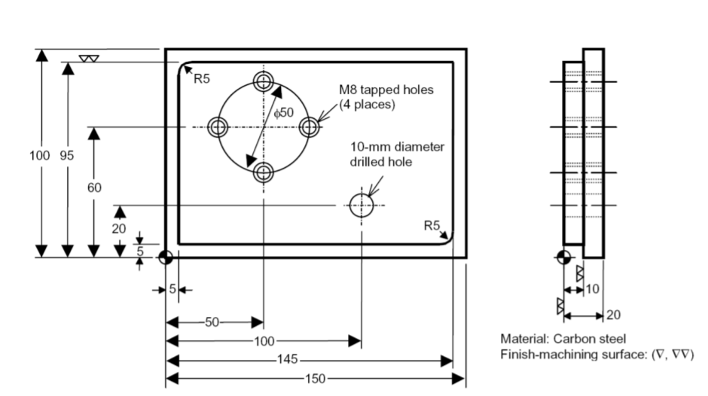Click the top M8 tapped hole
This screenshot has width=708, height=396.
pos(263,81)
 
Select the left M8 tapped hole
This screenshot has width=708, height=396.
pos(218,126)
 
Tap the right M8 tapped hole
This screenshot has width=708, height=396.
pos(309,126)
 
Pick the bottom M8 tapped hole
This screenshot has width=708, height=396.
pos(263,172)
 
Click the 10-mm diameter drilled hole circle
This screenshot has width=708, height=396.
pos(362,205)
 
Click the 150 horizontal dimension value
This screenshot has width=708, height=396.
pos(316,378)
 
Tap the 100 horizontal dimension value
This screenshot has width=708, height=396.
pos(264,342)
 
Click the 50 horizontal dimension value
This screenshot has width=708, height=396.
pos(213,322)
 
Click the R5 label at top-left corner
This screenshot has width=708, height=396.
pos(203,79)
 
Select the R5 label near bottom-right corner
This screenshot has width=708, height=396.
pos(432,224)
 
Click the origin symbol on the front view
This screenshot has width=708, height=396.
pos(166,257)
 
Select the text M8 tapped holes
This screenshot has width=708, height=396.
pos(386,90)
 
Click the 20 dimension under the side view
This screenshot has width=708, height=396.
pos(615,315)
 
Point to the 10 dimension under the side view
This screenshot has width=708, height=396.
pos(593,289)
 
